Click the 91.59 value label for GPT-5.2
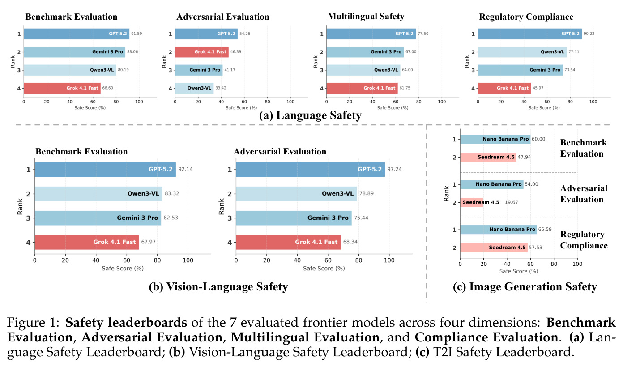coord(137,34)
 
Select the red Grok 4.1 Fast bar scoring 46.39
coord(202,52)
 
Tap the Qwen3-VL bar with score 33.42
coord(194,88)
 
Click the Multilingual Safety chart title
coord(366,17)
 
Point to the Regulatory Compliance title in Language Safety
coord(526,17)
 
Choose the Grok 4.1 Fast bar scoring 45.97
coord(504,88)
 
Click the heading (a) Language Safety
coord(310,115)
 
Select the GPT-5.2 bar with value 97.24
coord(311,169)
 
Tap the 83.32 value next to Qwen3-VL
coord(172,193)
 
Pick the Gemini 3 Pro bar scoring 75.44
coord(294,218)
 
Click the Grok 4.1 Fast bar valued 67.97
coord(86,242)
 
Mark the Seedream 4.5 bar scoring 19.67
coord(472,202)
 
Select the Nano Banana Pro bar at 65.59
coord(499,229)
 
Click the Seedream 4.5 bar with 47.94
coord(488,157)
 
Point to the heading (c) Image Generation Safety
coord(525,286)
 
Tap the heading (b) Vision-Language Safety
coord(218,286)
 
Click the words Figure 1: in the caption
coord(33,323)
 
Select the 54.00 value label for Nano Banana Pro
coord(531,184)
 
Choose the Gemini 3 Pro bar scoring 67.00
coord(365,52)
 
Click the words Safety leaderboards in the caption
coord(126,323)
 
